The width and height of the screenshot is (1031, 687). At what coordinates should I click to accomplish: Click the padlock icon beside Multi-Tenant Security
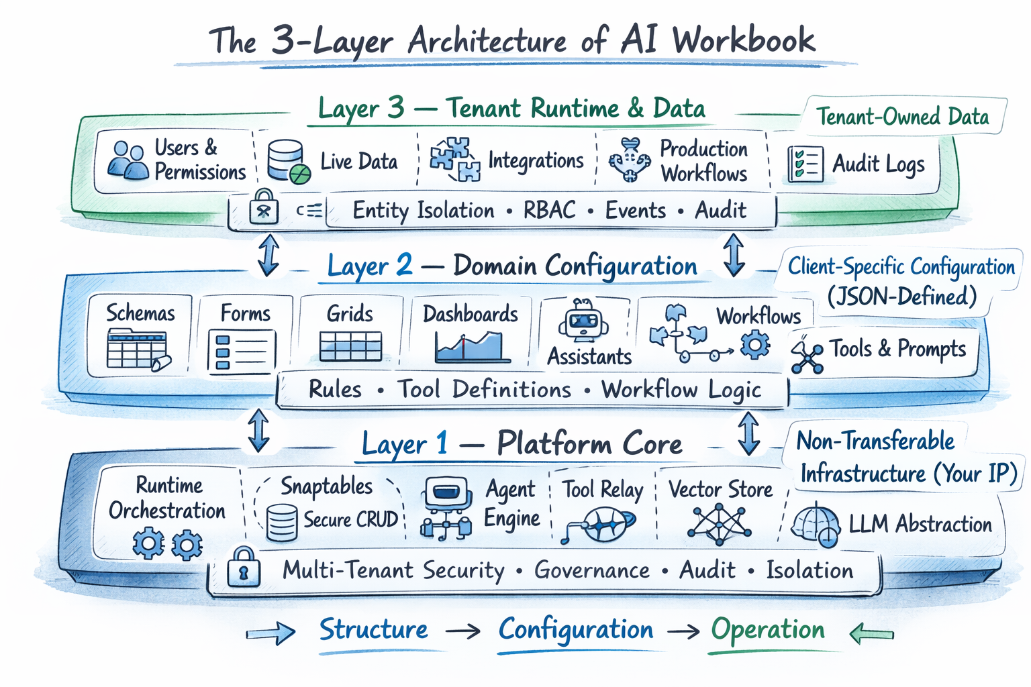(x=244, y=568)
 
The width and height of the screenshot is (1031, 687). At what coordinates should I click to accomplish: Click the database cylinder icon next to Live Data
(x=288, y=162)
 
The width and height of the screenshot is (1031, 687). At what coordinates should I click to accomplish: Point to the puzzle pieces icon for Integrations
(x=455, y=160)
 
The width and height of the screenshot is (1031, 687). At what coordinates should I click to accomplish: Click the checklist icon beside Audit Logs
(x=805, y=164)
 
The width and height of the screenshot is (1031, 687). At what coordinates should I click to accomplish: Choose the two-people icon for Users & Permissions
(x=128, y=161)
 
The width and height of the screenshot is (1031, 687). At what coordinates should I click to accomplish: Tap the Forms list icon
(x=241, y=351)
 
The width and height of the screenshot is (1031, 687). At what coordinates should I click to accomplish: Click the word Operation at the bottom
(x=768, y=630)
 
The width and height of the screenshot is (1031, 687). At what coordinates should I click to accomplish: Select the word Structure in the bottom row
(x=373, y=630)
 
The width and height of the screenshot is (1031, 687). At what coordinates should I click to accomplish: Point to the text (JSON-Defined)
(x=901, y=296)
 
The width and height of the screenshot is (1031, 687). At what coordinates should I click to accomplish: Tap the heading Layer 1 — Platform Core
(x=522, y=443)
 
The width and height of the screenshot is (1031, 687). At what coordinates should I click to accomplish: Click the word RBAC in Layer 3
(x=549, y=210)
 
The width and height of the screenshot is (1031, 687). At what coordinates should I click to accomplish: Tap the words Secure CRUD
(x=350, y=519)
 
